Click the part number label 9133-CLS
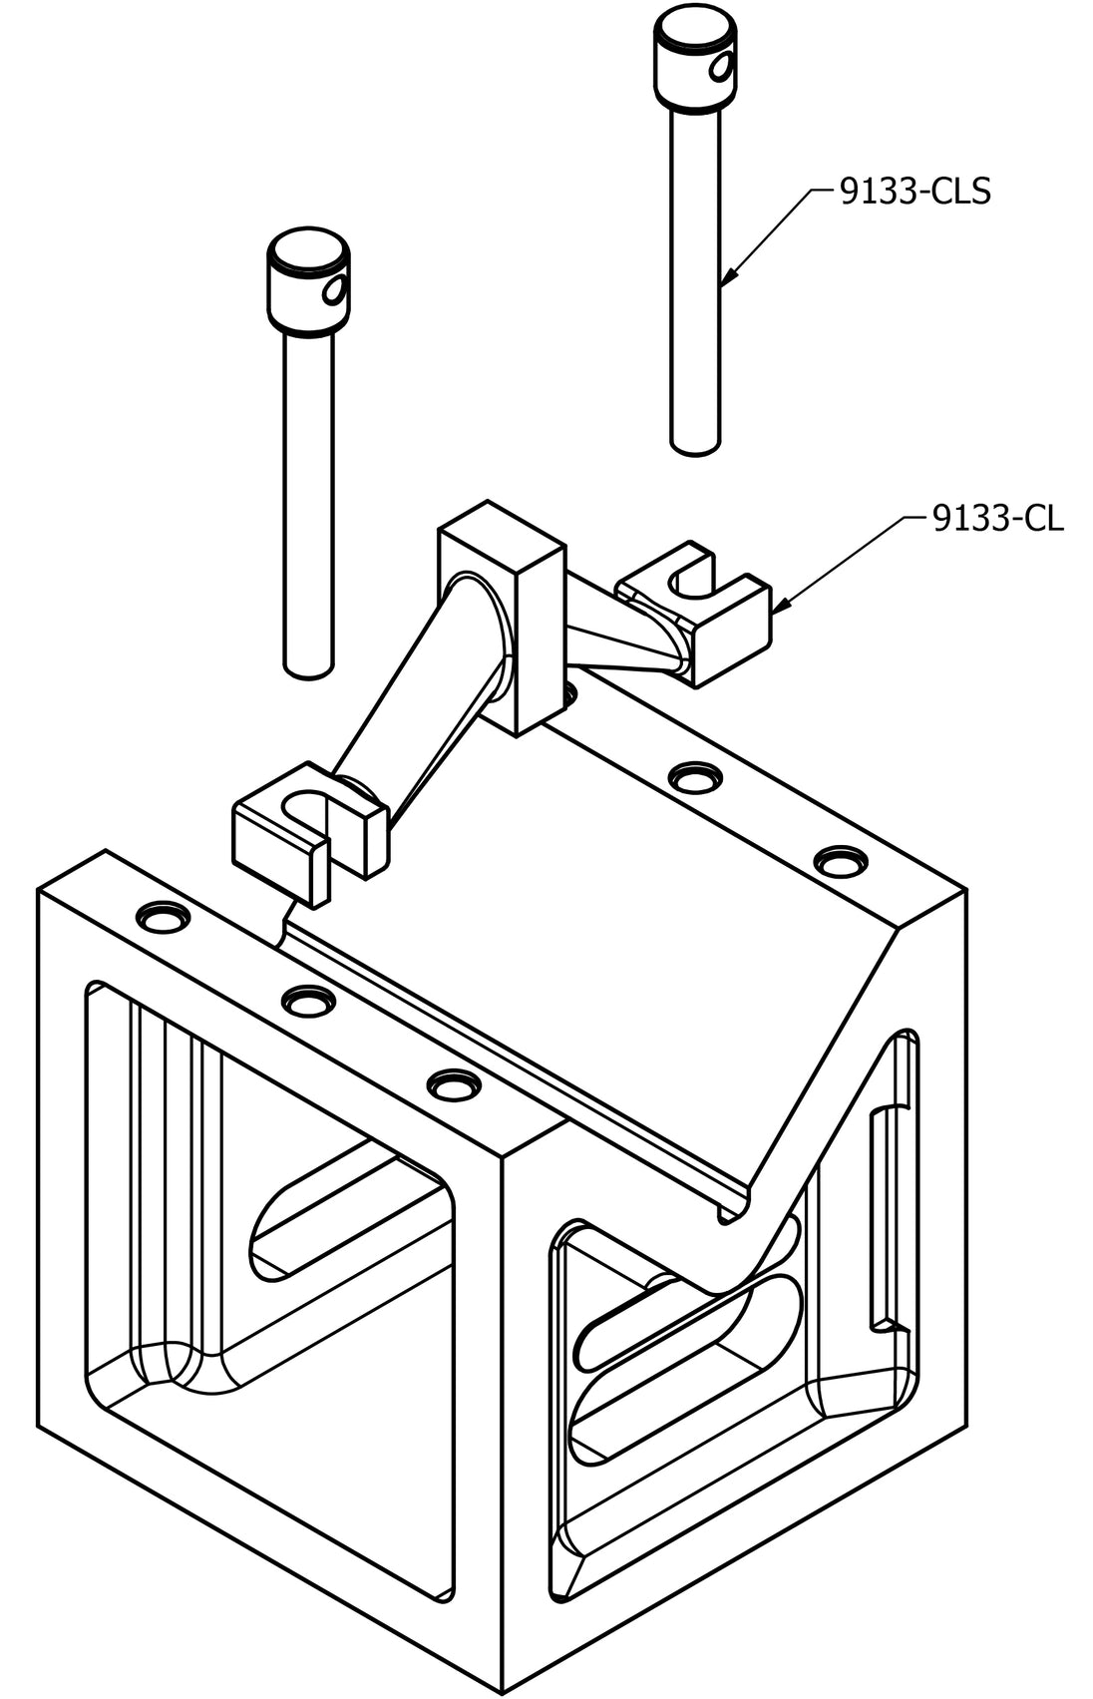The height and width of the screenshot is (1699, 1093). [x=914, y=192]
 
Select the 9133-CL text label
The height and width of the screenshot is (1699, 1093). [x=997, y=520]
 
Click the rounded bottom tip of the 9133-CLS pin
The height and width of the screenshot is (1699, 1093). [x=695, y=448]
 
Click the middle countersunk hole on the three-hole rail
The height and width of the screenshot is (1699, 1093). [x=308, y=1002]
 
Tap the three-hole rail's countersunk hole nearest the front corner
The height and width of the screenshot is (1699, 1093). [x=454, y=1085]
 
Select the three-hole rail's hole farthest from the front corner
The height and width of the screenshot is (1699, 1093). [x=163, y=917]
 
